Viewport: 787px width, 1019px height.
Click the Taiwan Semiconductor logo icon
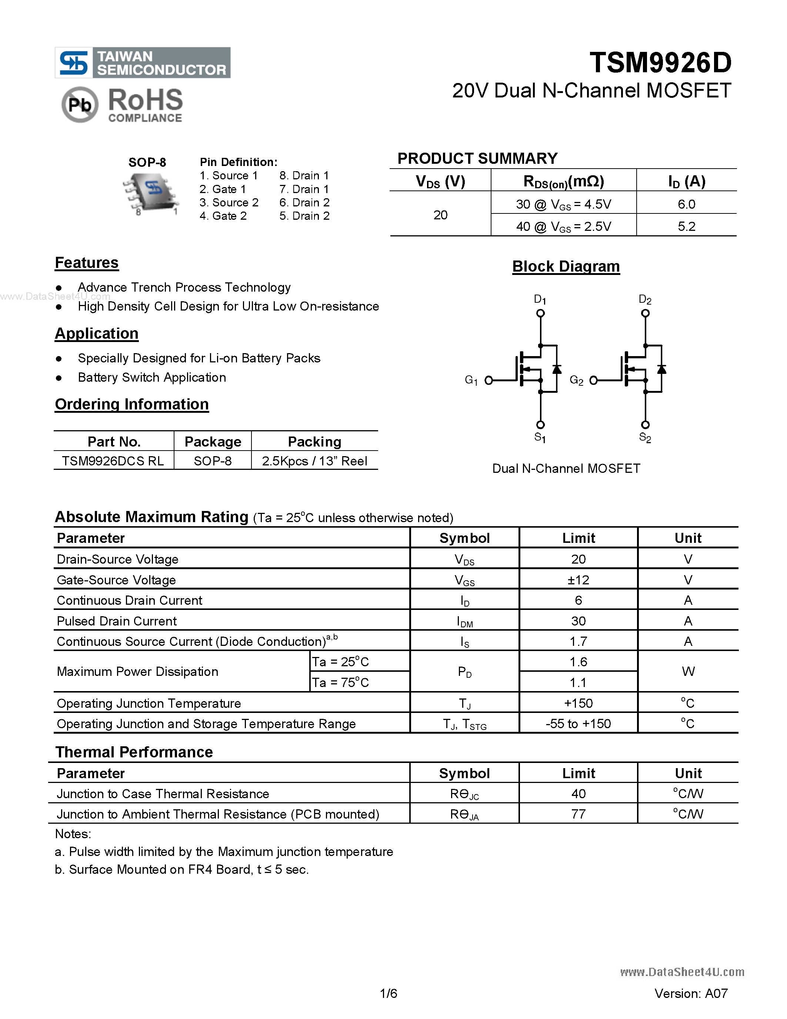(74, 63)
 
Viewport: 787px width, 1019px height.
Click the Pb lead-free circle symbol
(80, 104)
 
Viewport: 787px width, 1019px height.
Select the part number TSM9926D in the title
(660, 63)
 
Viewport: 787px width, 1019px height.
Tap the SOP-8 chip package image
(150, 192)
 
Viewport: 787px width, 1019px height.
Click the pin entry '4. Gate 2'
(223, 216)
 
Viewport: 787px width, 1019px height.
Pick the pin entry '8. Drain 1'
(304, 175)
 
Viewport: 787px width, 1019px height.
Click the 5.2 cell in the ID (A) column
(686, 226)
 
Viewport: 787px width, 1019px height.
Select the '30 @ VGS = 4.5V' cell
(563, 205)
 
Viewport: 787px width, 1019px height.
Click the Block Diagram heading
(566, 266)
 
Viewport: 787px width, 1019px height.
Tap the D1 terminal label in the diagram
(540, 299)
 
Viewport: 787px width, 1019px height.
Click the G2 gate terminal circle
(594, 380)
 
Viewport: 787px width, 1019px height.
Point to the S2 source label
(645, 437)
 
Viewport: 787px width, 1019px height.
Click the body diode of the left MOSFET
(557, 369)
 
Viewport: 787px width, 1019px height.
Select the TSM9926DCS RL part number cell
(113, 461)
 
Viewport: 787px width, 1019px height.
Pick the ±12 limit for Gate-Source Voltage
(578, 580)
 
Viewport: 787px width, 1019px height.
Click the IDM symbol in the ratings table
(464, 621)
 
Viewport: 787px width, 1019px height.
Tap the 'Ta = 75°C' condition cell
(340, 683)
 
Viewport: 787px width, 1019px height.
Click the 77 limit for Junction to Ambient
(578, 814)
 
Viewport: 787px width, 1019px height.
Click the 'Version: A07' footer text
(690, 993)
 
